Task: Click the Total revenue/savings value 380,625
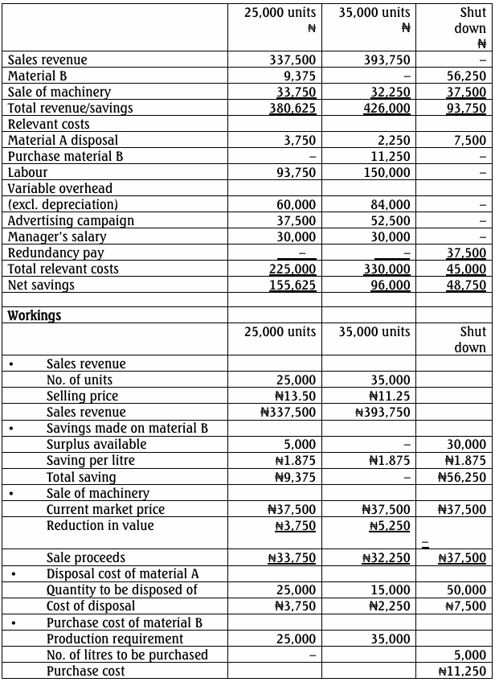(x=292, y=108)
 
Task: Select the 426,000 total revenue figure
(x=387, y=108)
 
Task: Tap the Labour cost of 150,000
(x=387, y=172)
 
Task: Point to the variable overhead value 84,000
(x=391, y=204)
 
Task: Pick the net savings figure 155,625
(x=292, y=285)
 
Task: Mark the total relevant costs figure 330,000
(x=387, y=269)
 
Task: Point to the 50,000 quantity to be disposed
(x=467, y=590)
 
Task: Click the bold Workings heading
(x=35, y=315)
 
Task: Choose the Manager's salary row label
(x=57, y=236)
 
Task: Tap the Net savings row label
(x=41, y=285)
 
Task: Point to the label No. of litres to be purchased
(x=127, y=655)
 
